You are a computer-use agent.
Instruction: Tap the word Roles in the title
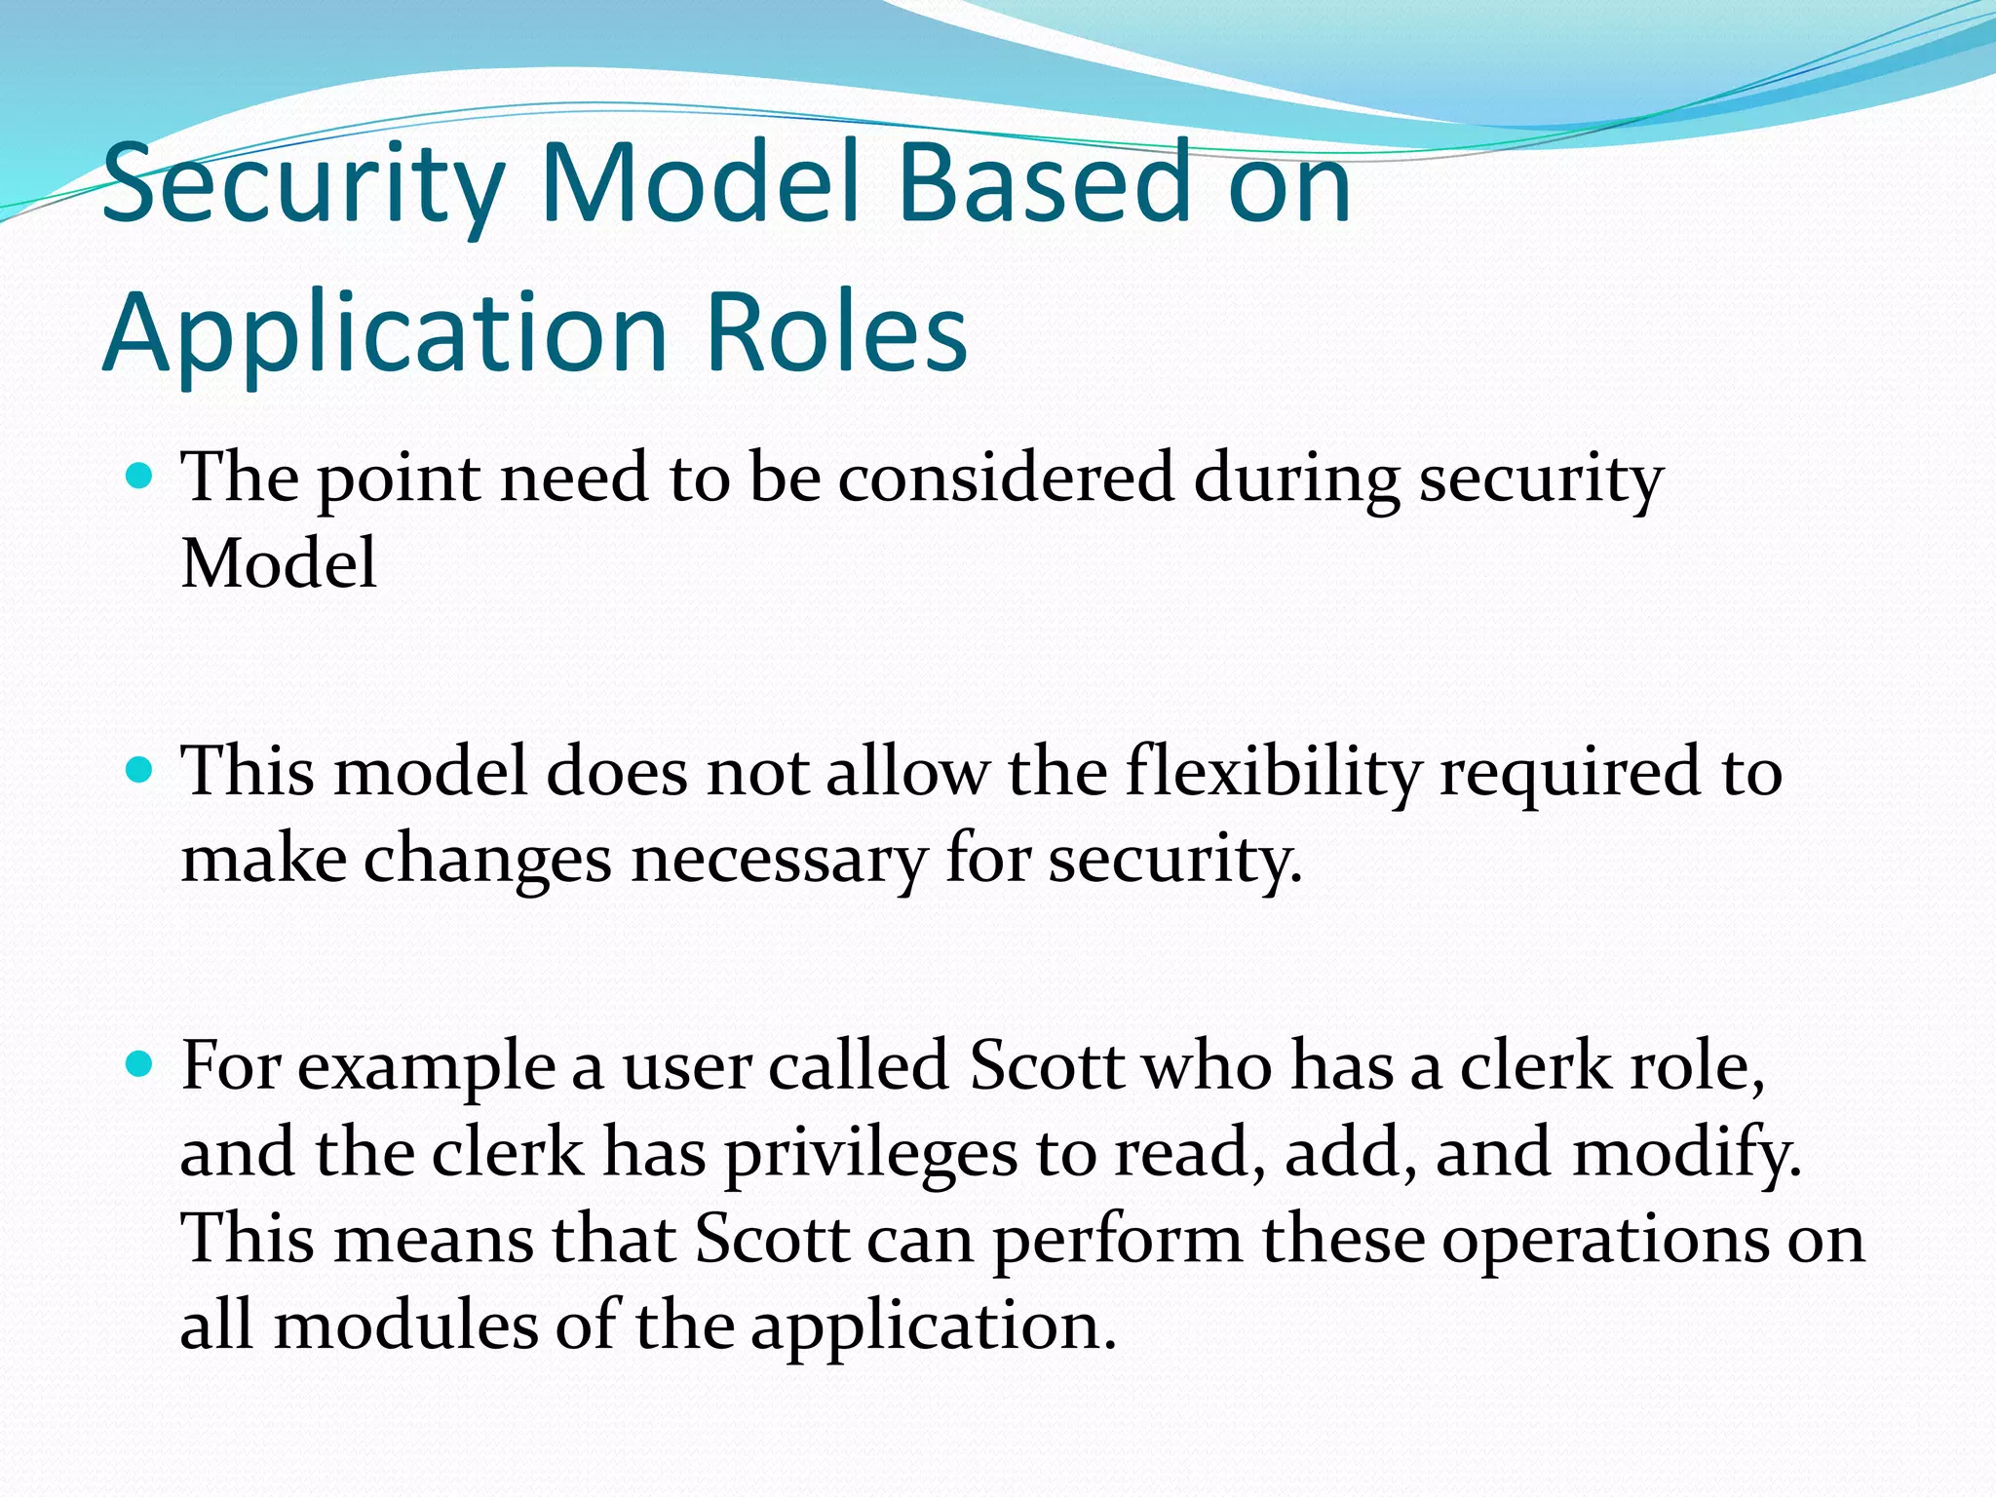835,333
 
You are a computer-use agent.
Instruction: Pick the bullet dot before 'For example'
140,1065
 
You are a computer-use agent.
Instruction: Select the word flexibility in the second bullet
1273,772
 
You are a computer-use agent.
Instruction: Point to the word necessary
779,860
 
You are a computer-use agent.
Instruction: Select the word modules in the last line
405,1326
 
